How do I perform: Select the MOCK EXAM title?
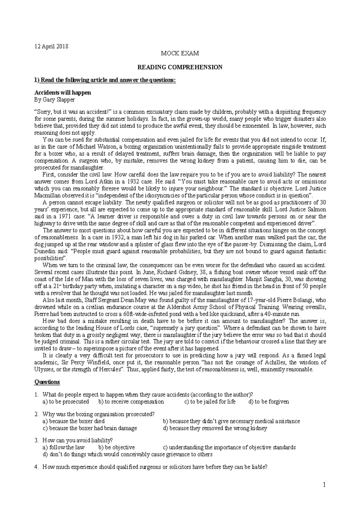(180, 54)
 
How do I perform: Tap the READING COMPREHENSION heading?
(180, 67)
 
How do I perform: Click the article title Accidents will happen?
(63, 93)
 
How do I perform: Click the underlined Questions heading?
(47, 382)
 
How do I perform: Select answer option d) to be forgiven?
(269, 402)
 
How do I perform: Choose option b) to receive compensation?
(131, 402)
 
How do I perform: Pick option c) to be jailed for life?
(210, 402)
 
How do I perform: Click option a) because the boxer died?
(74, 421)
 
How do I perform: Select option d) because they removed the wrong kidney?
(215, 428)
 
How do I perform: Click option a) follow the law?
(64, 448)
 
